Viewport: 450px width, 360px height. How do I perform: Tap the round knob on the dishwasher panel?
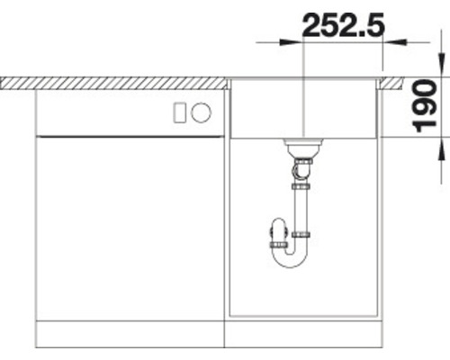point(202,112)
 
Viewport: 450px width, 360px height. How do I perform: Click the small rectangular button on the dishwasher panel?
point(179,112)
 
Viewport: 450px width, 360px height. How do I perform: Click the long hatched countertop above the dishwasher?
point(112,83)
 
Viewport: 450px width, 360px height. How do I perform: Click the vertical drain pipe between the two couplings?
point(301,210)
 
